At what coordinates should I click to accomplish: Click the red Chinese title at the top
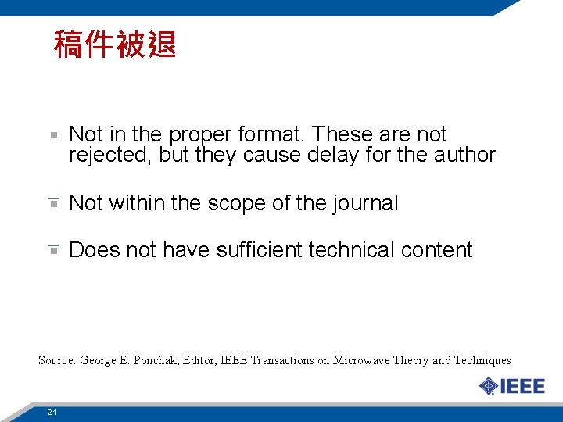pyautogui.click(x=115, y=45)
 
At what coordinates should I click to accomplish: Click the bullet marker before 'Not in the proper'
pyautogui.click(x=52, y=135)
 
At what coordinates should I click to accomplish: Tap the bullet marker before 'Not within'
pyautogui.click(x=52, y=203)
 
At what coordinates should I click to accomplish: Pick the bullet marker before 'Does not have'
pyautogui.click(x=52, y=250)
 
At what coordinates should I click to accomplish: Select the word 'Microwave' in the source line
pyautogui.click(x=361, y=360)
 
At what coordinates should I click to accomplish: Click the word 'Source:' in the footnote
pyautogui.click(x=56, y=360)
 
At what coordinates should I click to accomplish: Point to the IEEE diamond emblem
pyautogui.click(x=488, y=386)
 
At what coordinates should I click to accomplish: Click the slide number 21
pyautogui.click(x=51, y=412)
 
